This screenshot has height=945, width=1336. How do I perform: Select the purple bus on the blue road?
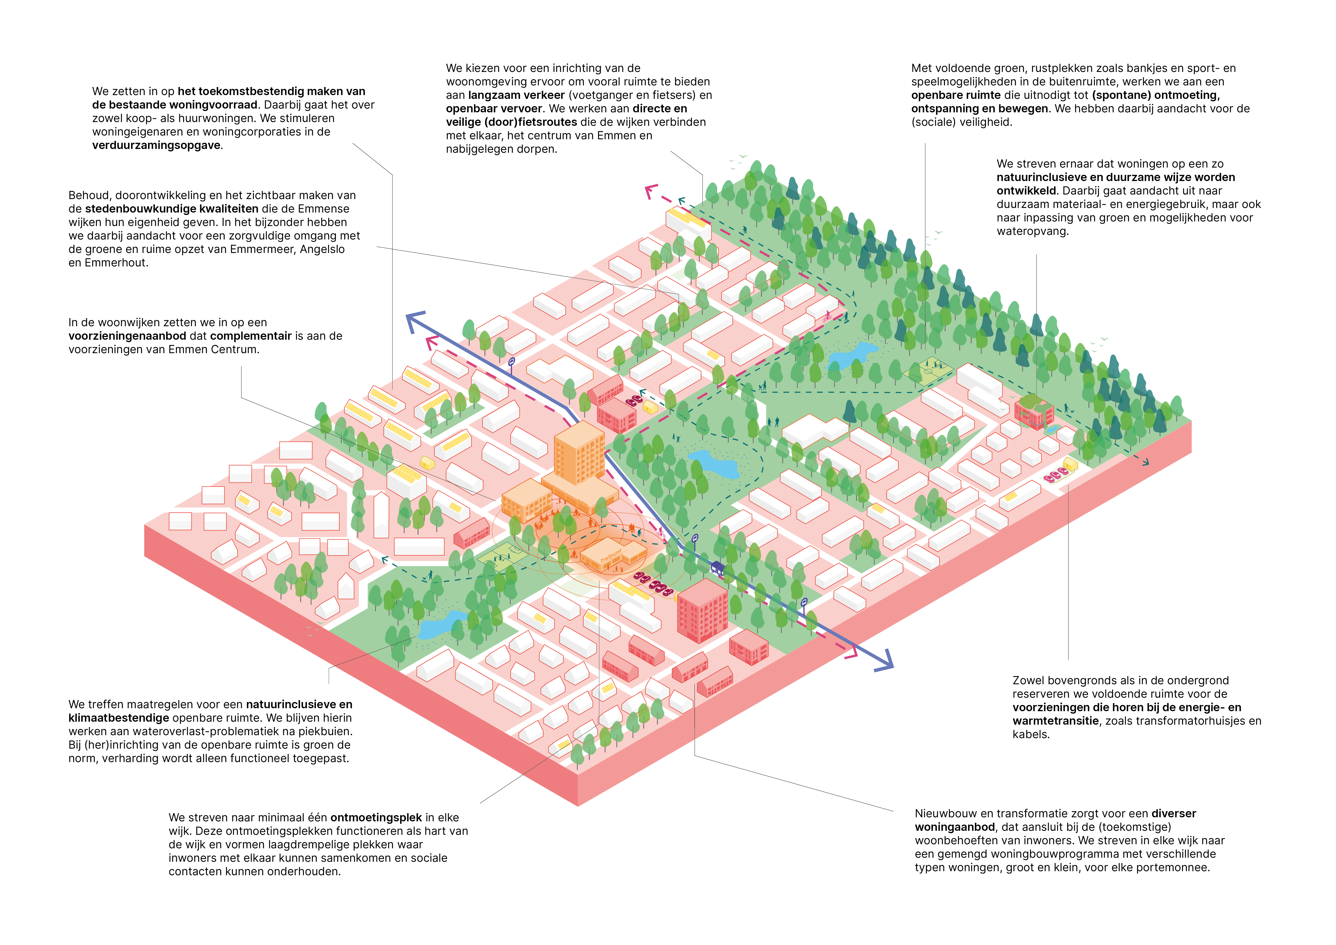717,567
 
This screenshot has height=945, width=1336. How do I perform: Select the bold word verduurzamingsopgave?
156,145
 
